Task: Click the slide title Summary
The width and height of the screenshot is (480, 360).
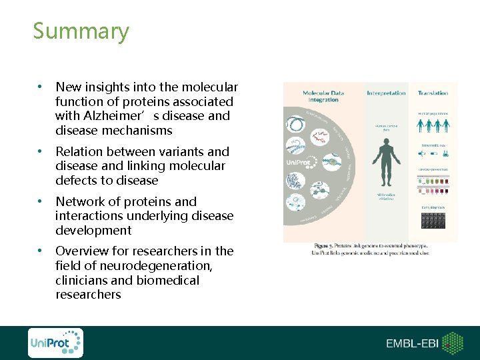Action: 81,31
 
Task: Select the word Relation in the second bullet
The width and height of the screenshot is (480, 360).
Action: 79,152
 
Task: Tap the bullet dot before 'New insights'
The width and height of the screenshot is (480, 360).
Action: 41,87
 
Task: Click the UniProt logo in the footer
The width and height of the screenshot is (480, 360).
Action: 55,343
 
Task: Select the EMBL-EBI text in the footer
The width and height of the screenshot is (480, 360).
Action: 413,343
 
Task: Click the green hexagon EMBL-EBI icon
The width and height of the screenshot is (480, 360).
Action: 453,343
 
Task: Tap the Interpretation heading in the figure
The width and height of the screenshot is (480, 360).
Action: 386,93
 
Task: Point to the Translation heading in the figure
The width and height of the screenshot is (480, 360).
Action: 433,93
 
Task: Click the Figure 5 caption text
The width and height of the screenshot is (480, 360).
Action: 369,248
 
